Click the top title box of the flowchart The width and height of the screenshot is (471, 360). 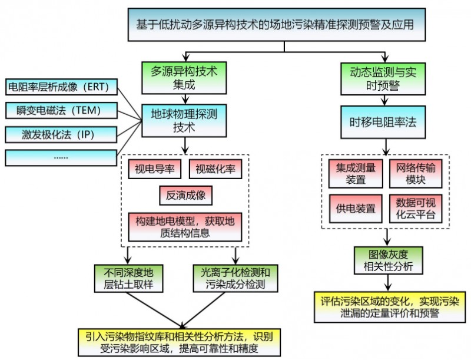pyautogui.click(x=277, y=25)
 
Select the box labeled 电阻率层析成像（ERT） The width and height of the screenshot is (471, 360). pyautogui.click(x=61, y=87)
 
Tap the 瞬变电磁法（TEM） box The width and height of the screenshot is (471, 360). pyautogui.click(x=61, y=110)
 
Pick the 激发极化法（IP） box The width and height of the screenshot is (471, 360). pyautogui.click(x=61, y=134)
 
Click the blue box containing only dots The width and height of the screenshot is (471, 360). pyautogui.click(x=61, y=158)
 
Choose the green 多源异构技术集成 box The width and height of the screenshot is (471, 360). pyautogui.click(x=184, y=78)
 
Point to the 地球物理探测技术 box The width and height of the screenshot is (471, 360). pyautogui.click(x=184, y=121)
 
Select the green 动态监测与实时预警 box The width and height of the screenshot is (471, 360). pyautogui.click(x=383, y=79)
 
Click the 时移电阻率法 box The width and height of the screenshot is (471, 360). pyautogui.click(x=383, y=122)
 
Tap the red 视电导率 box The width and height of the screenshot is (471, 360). pyautogui.click(x=155, y=169)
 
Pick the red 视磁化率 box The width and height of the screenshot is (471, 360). pyautogui.click(x=215, y=169)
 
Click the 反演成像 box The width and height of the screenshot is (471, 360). pyautogui.click(x=185, y=196)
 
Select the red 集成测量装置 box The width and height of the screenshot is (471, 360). pyautogui.click(x=356, y=174)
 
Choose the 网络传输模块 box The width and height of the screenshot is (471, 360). pyautogui.click(x=416, y=174)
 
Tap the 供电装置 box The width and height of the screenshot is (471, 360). pyautogui.click(x=356, y=209)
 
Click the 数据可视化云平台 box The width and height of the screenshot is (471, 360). pyautogui.click(x=416, y=209)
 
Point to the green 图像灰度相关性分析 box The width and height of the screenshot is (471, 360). pyautogui.click(x=389, y=260)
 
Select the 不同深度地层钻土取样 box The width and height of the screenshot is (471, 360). pyautogui.click(x=128, y=278)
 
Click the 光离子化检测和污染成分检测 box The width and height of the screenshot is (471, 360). pyautogui.click(x=235, y=278)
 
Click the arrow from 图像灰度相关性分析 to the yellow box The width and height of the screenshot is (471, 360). pyautogui.click(x=389, y=282)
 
